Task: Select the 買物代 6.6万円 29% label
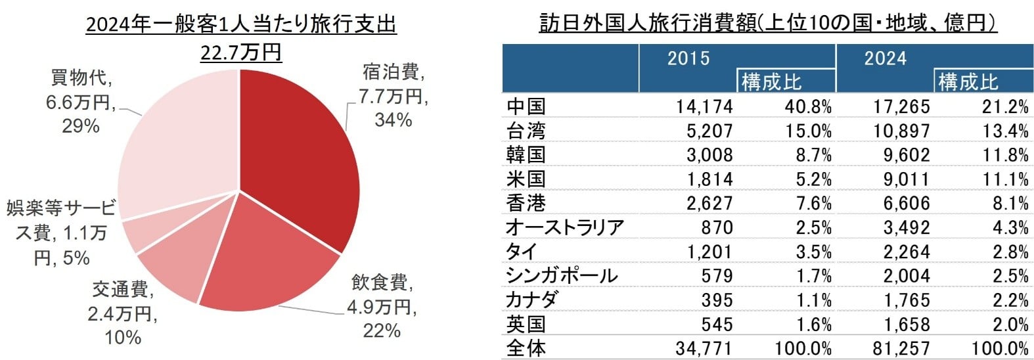81,102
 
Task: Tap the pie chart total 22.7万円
240,52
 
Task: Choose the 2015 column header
688,58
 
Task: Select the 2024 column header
885,58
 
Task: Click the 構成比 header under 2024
968,82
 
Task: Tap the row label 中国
526,106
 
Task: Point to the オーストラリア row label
564,227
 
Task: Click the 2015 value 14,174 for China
704,106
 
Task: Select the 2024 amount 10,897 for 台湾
901,131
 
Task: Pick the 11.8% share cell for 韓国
1005,155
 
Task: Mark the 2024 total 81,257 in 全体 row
901,348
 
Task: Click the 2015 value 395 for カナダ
716,300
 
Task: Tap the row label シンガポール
562,276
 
